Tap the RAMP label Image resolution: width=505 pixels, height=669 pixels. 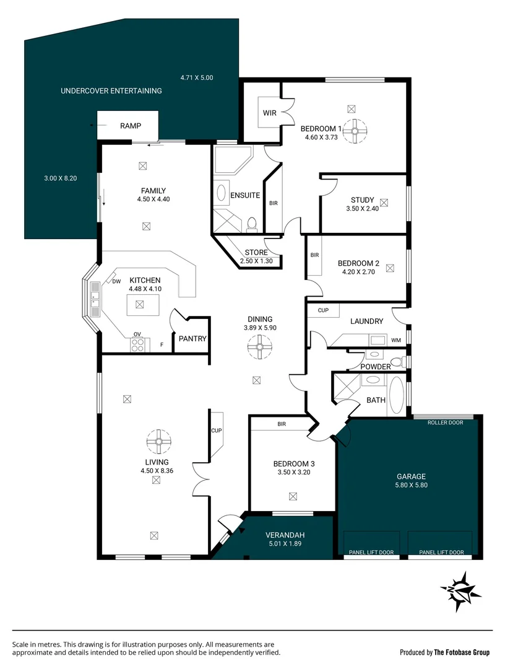130,126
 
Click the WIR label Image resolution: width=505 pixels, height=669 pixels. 269,113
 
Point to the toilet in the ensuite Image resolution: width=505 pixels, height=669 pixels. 252,224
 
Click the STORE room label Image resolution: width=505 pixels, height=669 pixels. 256,253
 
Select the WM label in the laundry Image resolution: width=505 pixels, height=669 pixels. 396,340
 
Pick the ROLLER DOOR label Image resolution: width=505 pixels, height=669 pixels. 445,422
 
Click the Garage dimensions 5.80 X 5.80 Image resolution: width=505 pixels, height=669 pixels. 411,485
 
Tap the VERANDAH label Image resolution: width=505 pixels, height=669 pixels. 285,535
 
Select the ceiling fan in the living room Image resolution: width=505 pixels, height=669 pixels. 159,442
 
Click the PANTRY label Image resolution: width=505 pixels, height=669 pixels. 192,339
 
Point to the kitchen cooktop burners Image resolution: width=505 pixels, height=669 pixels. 138,344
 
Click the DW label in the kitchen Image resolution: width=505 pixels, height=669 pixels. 116,282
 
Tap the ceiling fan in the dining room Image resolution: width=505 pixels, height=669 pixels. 260,348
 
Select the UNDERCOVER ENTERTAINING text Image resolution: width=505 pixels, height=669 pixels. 111,91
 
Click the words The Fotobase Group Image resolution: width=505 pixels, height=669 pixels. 462,652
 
